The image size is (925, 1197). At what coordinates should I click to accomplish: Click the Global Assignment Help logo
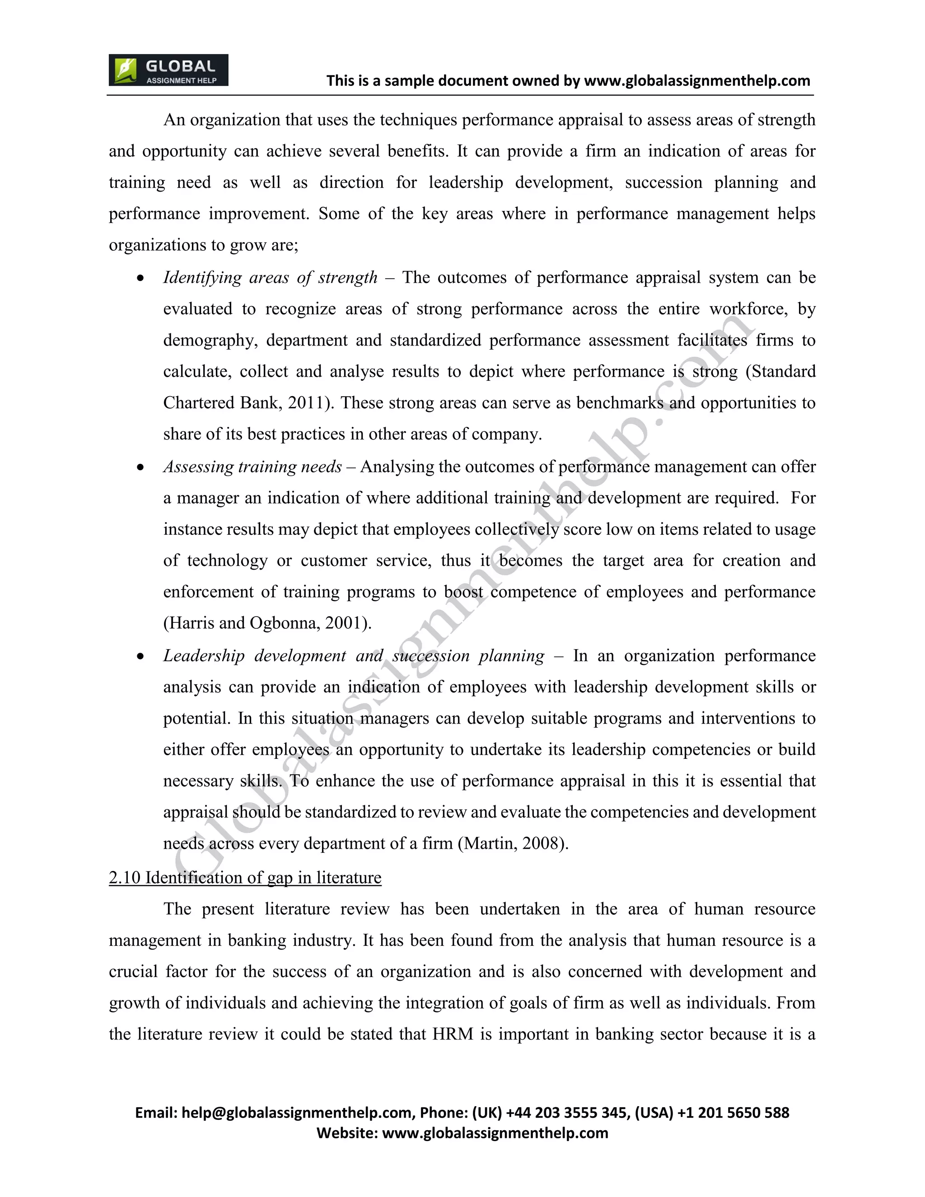coord(168,70)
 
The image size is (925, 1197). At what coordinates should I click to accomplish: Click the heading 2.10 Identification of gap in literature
coord(245,878)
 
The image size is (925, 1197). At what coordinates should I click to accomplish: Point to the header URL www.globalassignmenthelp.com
coord(697,81)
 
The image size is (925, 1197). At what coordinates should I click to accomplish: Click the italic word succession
coord(431,656)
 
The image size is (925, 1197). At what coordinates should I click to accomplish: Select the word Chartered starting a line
coord(199,403)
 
